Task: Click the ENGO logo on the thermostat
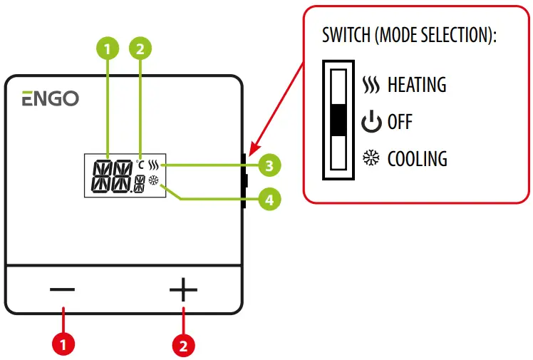(x=50, y=98)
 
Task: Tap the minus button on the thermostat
(x=62, y=289)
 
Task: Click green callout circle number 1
(x=107, y=48)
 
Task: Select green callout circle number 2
(x=140, y=48)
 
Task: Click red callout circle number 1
(x=63, y=345)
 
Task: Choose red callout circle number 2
(x=184, y=345)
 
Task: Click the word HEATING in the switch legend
(x=416, y=86)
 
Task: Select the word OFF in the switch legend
(x=400, y=123)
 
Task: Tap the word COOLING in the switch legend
(x=417, y=158)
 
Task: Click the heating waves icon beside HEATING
(x=371, y=86)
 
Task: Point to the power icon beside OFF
(x=371, y=123)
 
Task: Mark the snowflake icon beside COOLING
(x=371, y=158)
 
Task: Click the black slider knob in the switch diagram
(x=339, y=120)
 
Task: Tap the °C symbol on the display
(x=140, y=164)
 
